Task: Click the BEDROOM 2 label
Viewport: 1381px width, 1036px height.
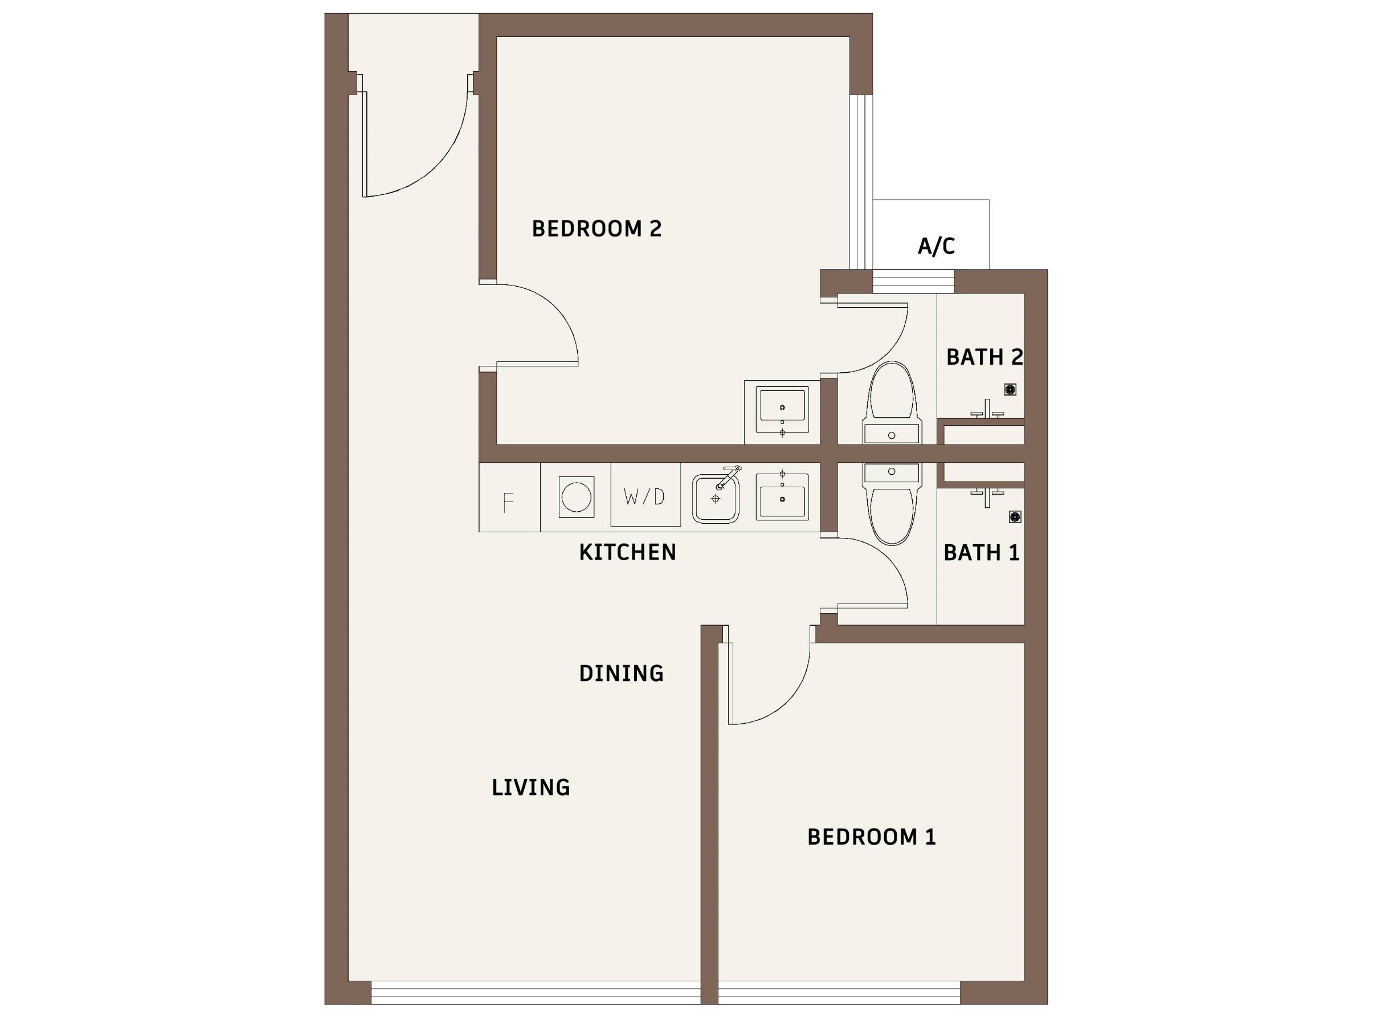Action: pyautogui.click(x=596, y=229)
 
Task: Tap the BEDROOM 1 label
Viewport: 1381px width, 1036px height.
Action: pyautogui.click(x=872, y=837)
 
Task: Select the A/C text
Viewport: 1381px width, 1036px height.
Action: pyautogui.click(x=936, y=246)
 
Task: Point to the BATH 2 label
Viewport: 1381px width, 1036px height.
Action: pyautogui.click(x=984, y=357)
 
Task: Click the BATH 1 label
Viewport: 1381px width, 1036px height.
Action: pyautogui.click(x=982, y=553)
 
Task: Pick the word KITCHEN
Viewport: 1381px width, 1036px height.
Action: pyautogui.click(x=627, y=552)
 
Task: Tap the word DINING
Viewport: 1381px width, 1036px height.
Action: pyautogui.click(x=621, y=673)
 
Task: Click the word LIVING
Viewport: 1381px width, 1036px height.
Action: pyautogui.click(x=530, y=788)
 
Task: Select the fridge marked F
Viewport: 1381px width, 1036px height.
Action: pyautogui.click(x=509, y=497)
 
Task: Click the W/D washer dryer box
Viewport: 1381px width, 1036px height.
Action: pyautogui.click(x=645, y=495)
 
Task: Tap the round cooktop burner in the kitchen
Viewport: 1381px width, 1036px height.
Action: pyautogui.click(x=576, y=497)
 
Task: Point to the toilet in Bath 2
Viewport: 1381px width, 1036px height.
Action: pyautogui.click(x=892, y=403)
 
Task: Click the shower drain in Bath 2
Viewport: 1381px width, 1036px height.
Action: pyautogui.click(x=1010, y=390)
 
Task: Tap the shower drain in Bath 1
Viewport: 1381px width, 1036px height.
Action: pyautogui.click(x=1015, y=517)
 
